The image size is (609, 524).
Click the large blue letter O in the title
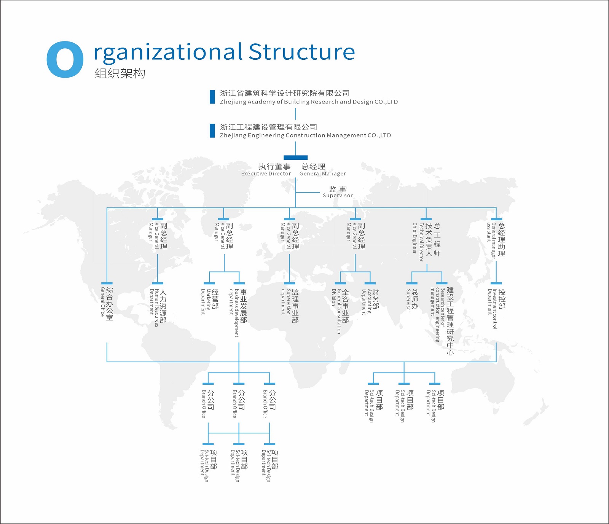pos(65,59)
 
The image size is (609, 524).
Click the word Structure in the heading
pos(302,52)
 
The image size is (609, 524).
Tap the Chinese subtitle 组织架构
pos(120,73)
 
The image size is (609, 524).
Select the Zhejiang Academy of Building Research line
pos(309,102)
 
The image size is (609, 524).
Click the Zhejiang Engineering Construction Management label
pos(305,135)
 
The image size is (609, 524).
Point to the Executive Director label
pos(266,174)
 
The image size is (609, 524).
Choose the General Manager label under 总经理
pos(323,174)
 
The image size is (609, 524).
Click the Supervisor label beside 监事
pos(338,195)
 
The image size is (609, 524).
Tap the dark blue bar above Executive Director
pos(295,158)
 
